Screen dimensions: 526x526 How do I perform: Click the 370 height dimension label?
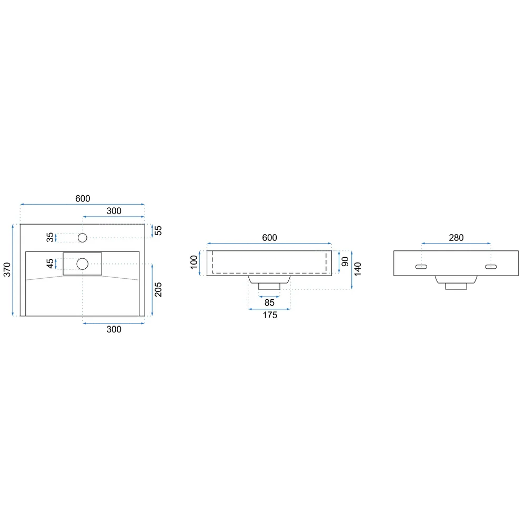pos(7,270)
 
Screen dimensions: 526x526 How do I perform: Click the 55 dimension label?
pos(158,230)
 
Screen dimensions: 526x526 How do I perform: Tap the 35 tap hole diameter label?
pos(50,238)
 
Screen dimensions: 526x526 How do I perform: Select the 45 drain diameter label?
pos(50,264)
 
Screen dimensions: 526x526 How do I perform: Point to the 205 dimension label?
pos(158,289)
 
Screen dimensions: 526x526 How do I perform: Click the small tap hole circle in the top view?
pos(83,238)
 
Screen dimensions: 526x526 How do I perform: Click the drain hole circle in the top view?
pos(83,264)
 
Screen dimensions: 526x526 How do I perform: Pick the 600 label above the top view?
pos(83,199)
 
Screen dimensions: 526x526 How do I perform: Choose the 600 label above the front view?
pos(269,238)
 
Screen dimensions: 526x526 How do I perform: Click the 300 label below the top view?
pos(114,329)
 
